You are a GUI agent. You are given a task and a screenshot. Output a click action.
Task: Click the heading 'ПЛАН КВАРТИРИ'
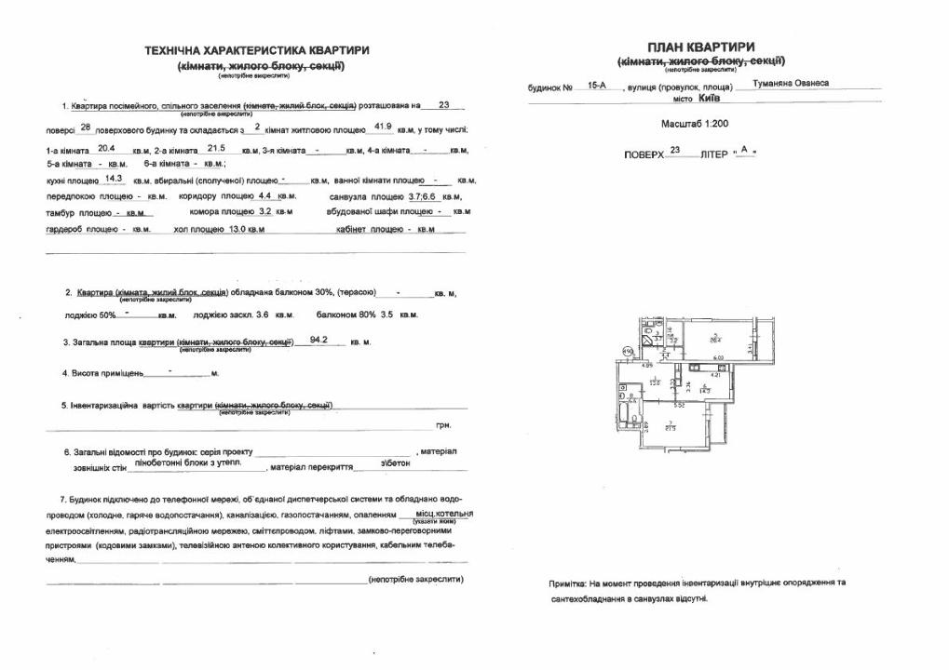(700, 47)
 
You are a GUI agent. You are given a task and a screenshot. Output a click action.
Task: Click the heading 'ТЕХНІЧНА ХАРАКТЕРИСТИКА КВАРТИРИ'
(257, 50)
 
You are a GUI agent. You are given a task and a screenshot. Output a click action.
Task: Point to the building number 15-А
(597, 85)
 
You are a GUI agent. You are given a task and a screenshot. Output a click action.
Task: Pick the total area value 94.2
(320, 341)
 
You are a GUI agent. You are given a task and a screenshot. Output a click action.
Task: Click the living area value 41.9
(383, 126)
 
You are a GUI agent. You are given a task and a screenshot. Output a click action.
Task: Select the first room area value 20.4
(105, 147)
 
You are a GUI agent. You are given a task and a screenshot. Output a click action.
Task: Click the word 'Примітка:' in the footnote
(568, 583)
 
